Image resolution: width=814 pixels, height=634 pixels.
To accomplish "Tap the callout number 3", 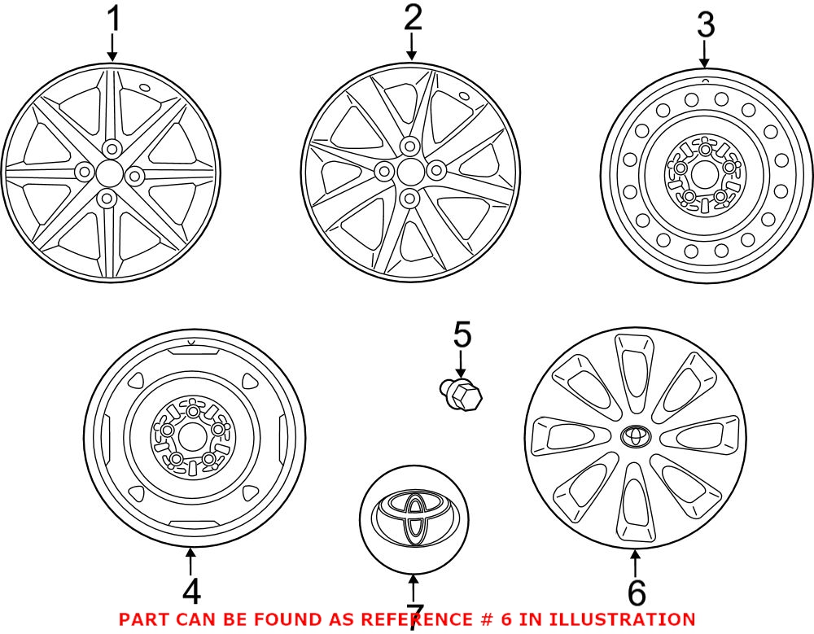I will (x=704, y=25).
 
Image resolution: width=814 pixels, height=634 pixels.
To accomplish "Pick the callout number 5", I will (x=462, y=334).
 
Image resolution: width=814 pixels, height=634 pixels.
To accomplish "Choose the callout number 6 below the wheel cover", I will (x=636, y=592).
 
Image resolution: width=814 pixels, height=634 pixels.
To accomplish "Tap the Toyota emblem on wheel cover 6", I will (x=635, y=437).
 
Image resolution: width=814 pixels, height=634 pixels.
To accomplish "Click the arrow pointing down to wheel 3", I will (x=704, y=55).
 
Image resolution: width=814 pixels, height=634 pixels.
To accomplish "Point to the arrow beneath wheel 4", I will (x=190, y=562).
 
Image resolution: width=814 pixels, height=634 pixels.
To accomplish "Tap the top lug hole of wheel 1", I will (x=109, y=146).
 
